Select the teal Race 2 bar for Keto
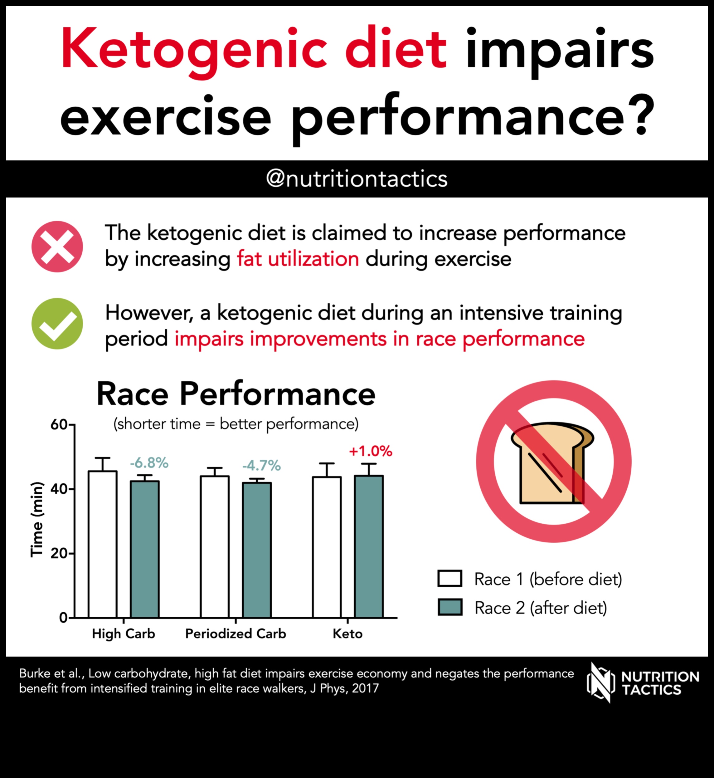pos(369,546)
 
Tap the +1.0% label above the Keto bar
pos(371,451)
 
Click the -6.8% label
pos(149,462)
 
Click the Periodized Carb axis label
pos(236,634)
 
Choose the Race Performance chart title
pos(236,394)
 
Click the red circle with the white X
pos(57,247)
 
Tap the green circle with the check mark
pos(57,324)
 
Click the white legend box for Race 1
pos(450,579)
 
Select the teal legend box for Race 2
pos(450,607)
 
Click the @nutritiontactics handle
pos(357,179)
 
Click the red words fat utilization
pos(298,259)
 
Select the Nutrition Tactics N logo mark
pos(600,683)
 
